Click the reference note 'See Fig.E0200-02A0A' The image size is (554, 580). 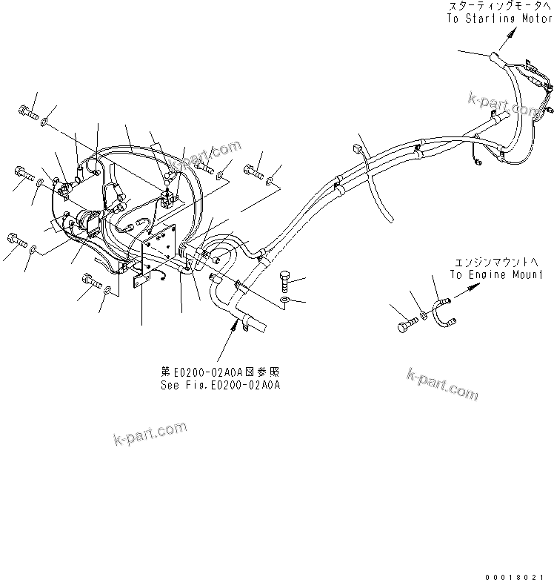[221, 386]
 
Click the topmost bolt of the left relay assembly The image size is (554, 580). [27, 112]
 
